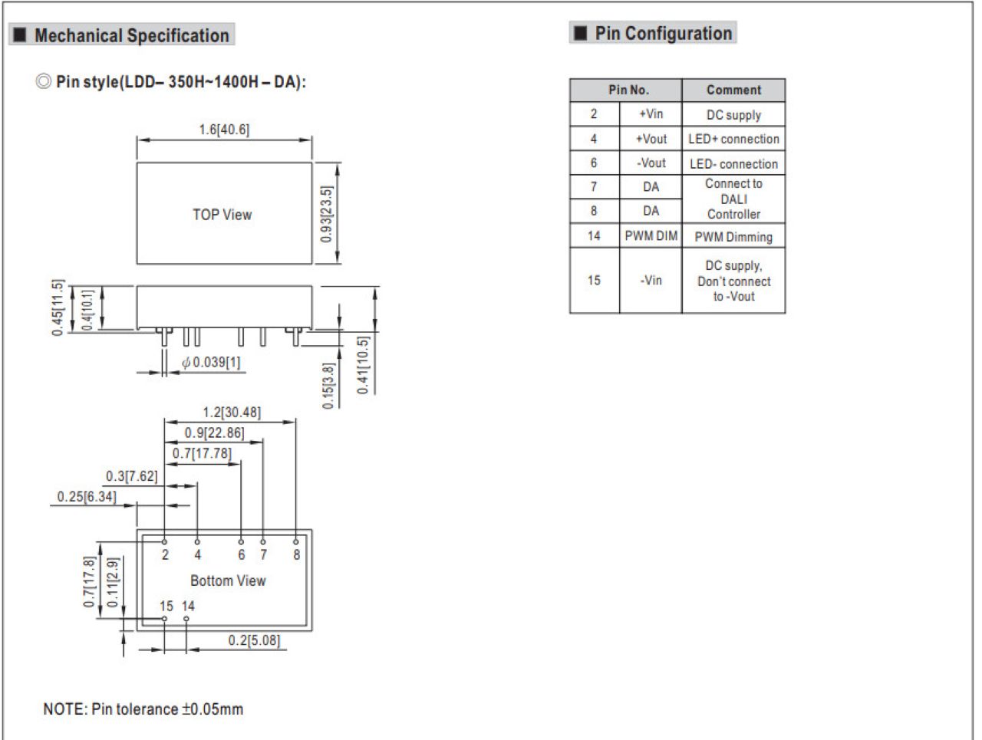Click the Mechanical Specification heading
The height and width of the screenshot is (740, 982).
click(x=131, y=35)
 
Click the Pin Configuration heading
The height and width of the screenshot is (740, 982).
click(x=663, y=34)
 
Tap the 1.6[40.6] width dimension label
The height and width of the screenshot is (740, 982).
click(x=224, y=130)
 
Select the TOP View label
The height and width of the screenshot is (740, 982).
click(x=222, y=215)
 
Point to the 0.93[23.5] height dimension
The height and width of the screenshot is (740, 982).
click(x=327, y=214)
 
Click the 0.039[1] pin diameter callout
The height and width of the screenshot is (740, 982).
click(x=211, y=362)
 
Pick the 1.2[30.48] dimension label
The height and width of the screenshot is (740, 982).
click(x=231, y=412)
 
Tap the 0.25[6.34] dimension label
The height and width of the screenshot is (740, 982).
click(x=87, y=496)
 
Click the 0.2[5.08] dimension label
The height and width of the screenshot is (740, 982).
click(x=254, y=640)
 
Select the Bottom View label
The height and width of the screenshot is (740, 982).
click(x=228, y=580)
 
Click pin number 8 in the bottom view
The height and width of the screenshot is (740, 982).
click(x=297, y=555)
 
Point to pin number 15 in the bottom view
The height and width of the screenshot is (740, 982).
click(x=166, y=607)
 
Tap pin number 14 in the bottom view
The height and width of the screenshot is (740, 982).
click(x=188, y=607)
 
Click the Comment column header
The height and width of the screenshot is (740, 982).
click(x=733, y=90)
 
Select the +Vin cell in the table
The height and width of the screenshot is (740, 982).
click(x=651, y=114)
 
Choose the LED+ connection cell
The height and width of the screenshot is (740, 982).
click(x=733, y=139)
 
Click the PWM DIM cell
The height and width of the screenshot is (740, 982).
click(x=651, y=235)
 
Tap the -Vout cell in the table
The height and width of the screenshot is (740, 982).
click(x=651, y=163)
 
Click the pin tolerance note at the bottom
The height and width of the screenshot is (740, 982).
click(x=143, y=709)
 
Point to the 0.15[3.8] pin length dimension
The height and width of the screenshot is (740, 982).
click(x=328, y=386)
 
